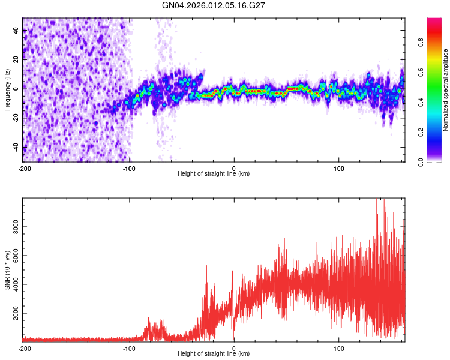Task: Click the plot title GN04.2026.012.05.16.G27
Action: [214, 5]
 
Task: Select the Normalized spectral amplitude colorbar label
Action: [445, 91]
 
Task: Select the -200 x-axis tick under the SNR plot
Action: [24, 348]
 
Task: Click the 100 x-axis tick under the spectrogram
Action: [338, 168]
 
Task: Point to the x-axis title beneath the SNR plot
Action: [214, 354]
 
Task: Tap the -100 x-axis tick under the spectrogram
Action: [129, 168]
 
